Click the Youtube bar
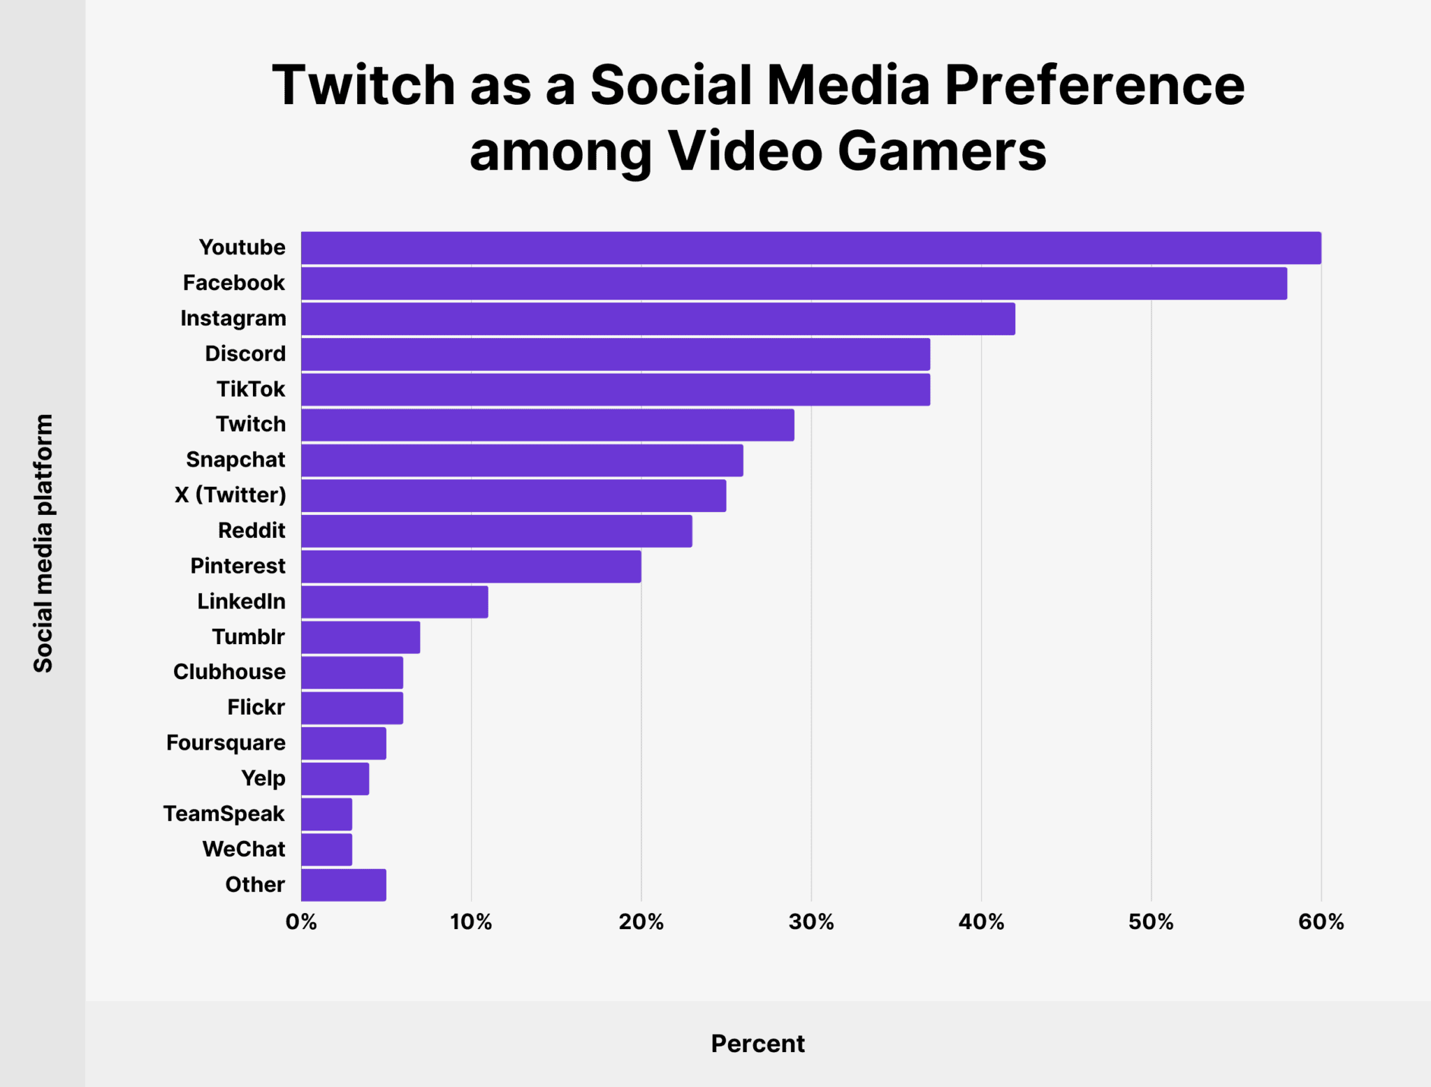811,248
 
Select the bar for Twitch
547,425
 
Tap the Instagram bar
658,319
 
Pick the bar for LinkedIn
394,601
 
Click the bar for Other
343,885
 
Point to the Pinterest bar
471,567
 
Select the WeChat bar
326,849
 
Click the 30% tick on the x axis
811,922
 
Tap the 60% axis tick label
1321,922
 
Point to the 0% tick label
301,922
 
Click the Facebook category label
233,283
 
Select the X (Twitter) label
230,495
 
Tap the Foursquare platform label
225,743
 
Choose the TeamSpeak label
224,814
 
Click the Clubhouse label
228,672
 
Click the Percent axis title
757,1044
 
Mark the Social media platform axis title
43,543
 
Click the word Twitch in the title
363,85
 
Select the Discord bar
615,354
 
